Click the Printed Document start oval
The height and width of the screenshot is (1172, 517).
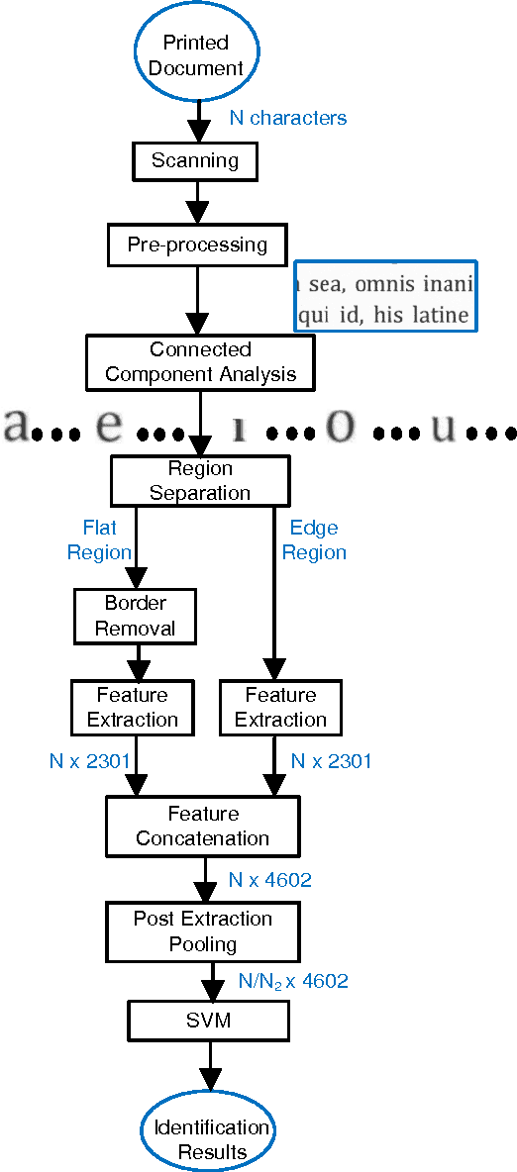tap(196, 54)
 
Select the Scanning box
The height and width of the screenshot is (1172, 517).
tap(195, 160)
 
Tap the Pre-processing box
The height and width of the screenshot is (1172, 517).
tap(197, 244)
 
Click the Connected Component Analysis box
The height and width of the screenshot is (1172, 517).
tap(200, 362)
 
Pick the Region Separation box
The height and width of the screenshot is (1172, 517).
tap(200, 480)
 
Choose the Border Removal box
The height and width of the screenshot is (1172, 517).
tap(136, 616)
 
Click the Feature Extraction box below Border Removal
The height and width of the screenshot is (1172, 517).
tap(132, 707)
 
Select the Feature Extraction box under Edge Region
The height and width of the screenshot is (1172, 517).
tap(280, 707)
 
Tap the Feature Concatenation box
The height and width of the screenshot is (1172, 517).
tap(203, 826)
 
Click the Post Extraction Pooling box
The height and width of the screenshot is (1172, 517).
tap(203, 930)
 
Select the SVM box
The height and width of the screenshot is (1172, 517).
tap(208, 1021)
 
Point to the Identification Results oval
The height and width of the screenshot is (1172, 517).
tap(209, 1139)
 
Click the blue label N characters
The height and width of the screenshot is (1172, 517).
tap(288, 118)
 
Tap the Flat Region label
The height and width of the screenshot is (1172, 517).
tap(99, 540)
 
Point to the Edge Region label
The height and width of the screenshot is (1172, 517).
tap(314, 540)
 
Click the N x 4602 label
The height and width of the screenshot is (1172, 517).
tap(270, 879)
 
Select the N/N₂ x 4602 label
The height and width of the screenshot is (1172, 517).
tap(293, 982)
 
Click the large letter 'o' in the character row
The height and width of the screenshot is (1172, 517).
tap(340, 425)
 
